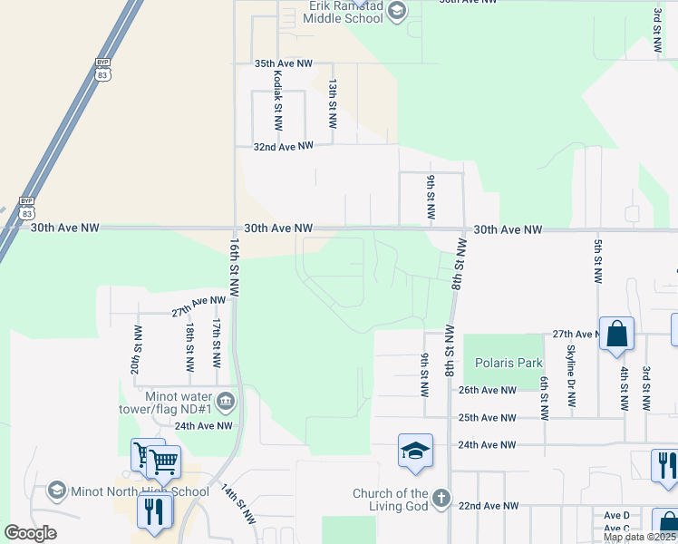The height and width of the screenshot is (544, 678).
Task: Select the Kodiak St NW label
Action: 276,100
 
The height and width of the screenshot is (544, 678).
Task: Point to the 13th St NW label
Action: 333,95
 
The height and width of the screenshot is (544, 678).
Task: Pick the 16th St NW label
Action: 234,269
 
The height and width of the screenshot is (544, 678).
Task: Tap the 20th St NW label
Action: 136,350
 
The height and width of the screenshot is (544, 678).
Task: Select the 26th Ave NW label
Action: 487,391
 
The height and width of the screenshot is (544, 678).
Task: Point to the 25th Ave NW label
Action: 487,418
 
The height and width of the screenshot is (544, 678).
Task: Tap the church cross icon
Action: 441,499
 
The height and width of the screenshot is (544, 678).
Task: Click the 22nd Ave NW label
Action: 489,506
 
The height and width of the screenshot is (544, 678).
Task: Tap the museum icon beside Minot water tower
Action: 226,400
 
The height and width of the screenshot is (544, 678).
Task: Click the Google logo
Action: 30,533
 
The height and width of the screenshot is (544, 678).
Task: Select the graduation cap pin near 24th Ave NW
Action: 415,451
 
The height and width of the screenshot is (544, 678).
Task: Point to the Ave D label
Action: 616,515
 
